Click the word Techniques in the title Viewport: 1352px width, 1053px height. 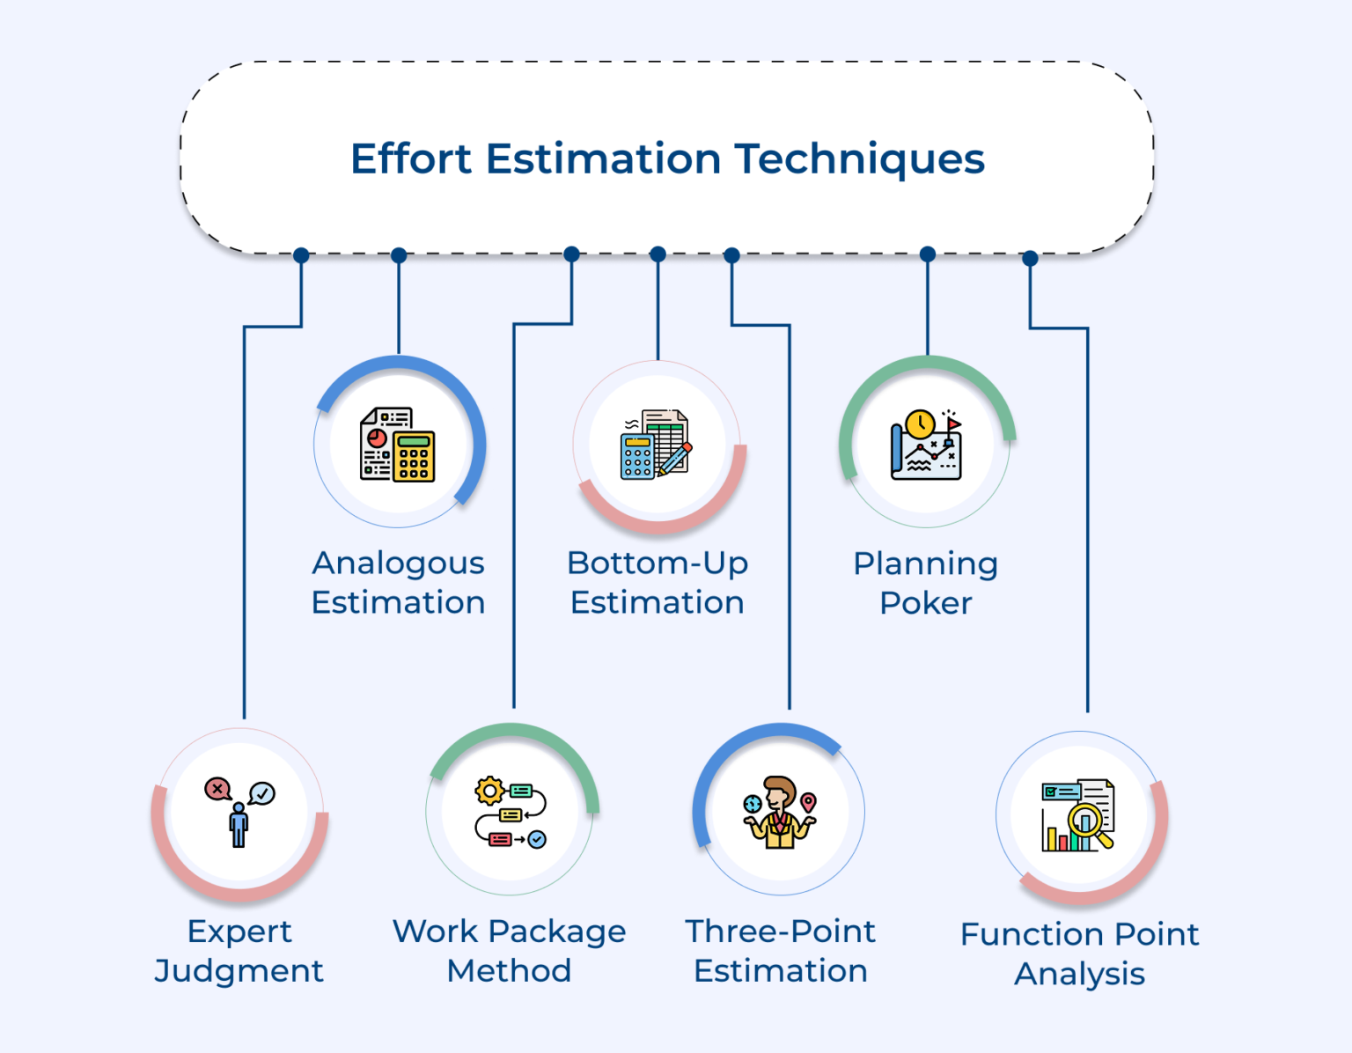(x=859, y=159)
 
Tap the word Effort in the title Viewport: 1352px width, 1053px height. (x=411, y=159)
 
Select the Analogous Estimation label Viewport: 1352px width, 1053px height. (x=398, y=582)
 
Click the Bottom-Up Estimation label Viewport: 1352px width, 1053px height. (x=658, y=582)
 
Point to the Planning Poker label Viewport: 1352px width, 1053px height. (x=925, y=583)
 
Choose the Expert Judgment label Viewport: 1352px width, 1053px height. (x=239, y=951)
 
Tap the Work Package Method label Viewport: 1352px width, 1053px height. (x=509, y=951)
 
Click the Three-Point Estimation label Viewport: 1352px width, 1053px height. (x=781, y=951)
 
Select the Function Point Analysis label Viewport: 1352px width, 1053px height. (x=1079, y=954)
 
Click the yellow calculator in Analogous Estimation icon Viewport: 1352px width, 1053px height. (x=414, y=456)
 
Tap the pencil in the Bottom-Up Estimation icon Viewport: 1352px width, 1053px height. (x=676, y=459)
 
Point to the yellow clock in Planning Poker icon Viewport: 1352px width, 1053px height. (x=920, y=423)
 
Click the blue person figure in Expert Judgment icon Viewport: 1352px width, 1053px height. (x=239, y=826)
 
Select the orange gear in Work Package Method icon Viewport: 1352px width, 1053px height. (x=489, y=791)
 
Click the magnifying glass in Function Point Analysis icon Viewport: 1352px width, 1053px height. (x=1088, y=824)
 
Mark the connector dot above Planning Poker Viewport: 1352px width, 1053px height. (x=928, y=254)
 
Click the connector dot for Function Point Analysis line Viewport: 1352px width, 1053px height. (x=1030, y=258)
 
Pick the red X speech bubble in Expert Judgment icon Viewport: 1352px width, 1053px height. (x=217, y=789)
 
